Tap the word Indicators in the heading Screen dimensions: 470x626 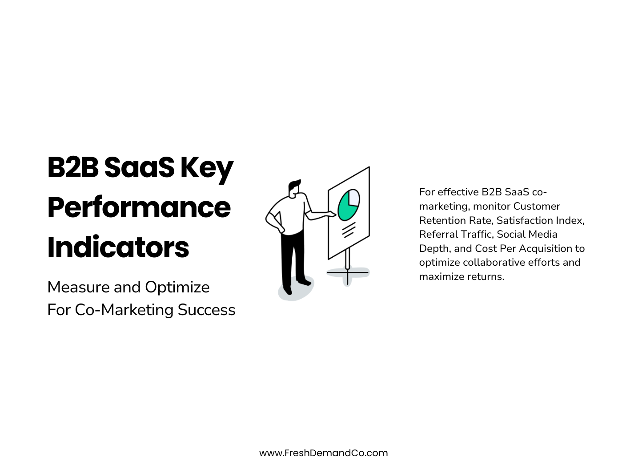coord(118,247)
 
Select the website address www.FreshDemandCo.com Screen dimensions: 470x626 coord(323,453)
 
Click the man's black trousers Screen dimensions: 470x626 coord(293,258)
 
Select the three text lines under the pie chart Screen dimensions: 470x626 coord(349,230)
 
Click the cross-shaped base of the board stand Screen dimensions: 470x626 coord(348,272)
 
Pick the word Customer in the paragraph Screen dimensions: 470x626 coord(536,206)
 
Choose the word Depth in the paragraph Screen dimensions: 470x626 coord(434,248)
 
